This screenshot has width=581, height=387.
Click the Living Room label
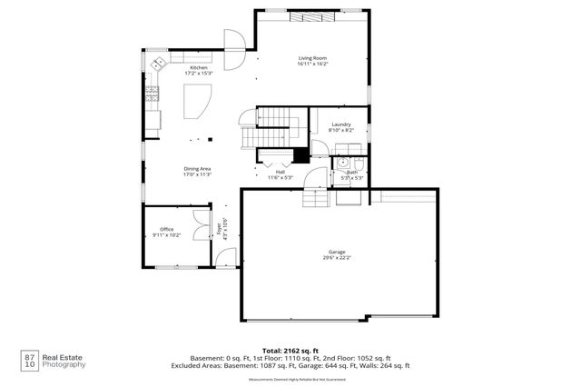pyautogui.click(x=311, y=58)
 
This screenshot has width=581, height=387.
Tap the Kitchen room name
pyautogui.click(x=199, y=68)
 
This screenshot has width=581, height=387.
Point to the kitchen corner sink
pyautogui.click(x=159, y=63)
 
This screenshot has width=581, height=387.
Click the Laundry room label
pyautogui.click(x=340, y=124)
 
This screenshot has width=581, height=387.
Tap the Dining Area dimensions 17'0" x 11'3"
pyautogui.click(x=197, y=174)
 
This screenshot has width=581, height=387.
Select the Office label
pyautogui.click(x=166, y=229)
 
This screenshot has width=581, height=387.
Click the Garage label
pyautogui.click(x=337, y=252)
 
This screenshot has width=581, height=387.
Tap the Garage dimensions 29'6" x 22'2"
pyautogui.click(x=337, y=258)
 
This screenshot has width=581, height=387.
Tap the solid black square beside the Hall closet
pyautogui.click(x=300, y=155)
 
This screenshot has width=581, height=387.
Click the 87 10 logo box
pyautogui.click(x=30, y=359)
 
